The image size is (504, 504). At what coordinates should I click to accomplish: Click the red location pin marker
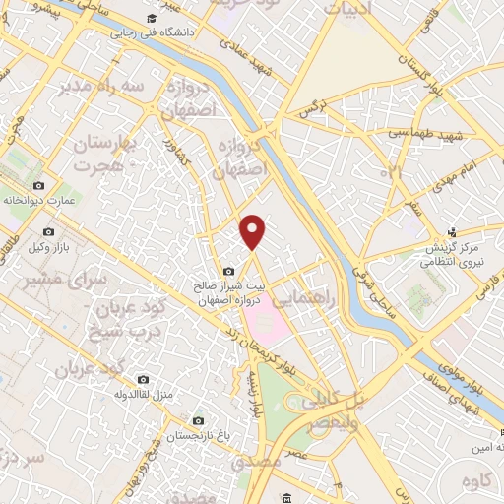coord(253,231)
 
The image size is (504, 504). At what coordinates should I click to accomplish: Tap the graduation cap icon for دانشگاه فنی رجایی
coord(151,19)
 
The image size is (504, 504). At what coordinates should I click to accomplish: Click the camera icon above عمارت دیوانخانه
coord(38,185)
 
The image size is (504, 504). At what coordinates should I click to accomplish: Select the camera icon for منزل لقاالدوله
coord(144,379)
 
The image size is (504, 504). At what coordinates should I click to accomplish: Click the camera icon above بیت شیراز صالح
coord(229,271)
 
